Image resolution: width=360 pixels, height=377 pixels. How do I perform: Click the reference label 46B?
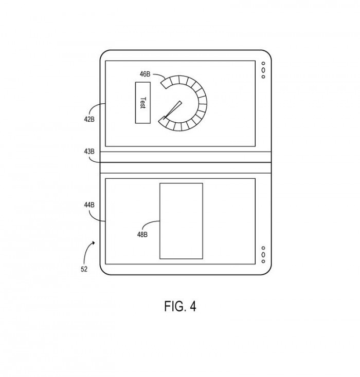[x=145, y=74]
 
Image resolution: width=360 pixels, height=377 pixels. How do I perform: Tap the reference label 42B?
[x=89, y=119]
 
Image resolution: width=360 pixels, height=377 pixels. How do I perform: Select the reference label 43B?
[x=89, y=152]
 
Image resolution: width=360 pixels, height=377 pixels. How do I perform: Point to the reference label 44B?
[x=89, y=205]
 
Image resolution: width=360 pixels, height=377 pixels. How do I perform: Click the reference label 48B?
[x=142, y=234]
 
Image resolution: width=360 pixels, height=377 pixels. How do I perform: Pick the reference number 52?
[x=84, y=269]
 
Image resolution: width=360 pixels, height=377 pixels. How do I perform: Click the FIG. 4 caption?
[x=180, y=306]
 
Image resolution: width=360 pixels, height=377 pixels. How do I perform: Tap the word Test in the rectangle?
[x=143, y=103]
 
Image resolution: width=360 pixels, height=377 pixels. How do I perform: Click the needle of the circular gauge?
[x=172, y=110]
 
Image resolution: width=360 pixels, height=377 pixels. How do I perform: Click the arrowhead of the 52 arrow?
[x=93, y=243]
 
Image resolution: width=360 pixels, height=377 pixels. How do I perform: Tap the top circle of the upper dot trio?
[x=263, y=64]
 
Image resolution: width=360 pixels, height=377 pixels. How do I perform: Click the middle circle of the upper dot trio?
[x=263, y=70]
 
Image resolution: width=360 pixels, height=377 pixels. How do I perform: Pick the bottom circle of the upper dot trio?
[x=263, y=77]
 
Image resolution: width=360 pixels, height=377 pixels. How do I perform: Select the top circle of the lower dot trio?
[x=263, y=248]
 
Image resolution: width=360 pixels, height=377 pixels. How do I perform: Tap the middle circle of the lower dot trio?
[x=263, y=254]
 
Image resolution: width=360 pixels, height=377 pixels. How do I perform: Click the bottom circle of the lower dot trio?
[x=263, y=261]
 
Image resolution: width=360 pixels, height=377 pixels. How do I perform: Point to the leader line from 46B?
[x=160, y=75]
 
